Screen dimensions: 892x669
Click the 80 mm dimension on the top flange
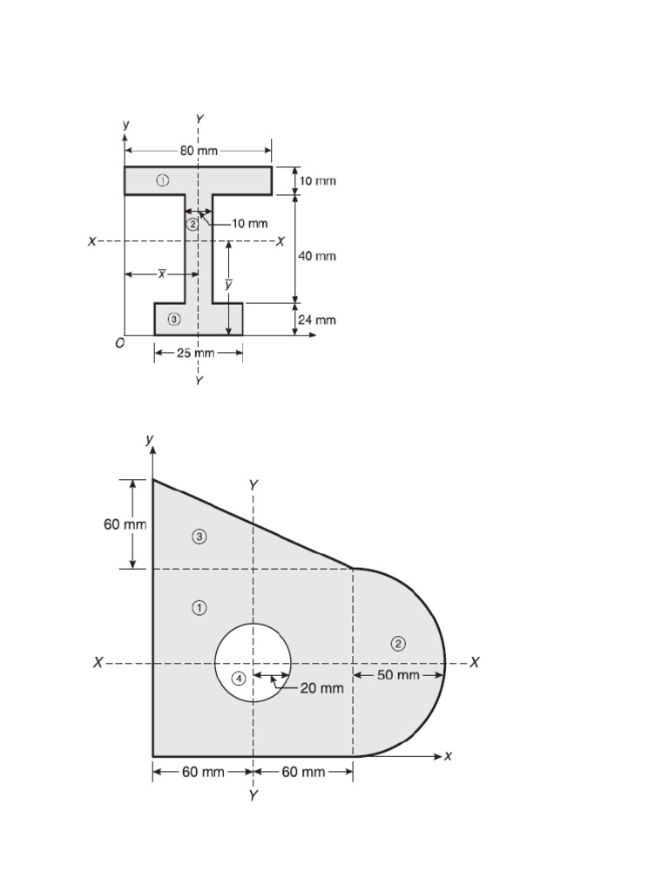[x=199, y=151]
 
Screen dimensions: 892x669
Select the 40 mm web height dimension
[x=317, y=256]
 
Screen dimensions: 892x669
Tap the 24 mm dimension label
[x=317, y=320]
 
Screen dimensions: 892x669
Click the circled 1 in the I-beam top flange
[x=162, y=180]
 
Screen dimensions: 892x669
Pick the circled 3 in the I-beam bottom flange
[x=174, y=319]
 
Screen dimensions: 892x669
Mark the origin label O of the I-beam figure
[x=119, y=343]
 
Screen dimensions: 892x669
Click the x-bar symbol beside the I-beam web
[x=162, y=274]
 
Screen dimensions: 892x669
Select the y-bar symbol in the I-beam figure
[x=228, y=285]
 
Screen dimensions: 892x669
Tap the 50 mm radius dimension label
[x=398, y=675]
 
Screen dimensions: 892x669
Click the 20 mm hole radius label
[x=321, y=687]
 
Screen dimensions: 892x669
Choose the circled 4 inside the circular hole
[x=239, y=679]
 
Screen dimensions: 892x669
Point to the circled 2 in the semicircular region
[x=398, y=644]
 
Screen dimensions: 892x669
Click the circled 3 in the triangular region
[x=199, y=537]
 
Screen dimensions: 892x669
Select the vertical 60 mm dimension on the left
[x=125, y=524]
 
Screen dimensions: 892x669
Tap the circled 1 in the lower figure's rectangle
[x=199, y=607]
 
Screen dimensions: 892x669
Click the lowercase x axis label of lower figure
[x=448, y=756]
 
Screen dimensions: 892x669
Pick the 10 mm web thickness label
[x=251, y=224]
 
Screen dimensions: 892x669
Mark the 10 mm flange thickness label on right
[x=317, y=181]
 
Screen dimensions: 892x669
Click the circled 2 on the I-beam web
[x=192, y=224]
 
